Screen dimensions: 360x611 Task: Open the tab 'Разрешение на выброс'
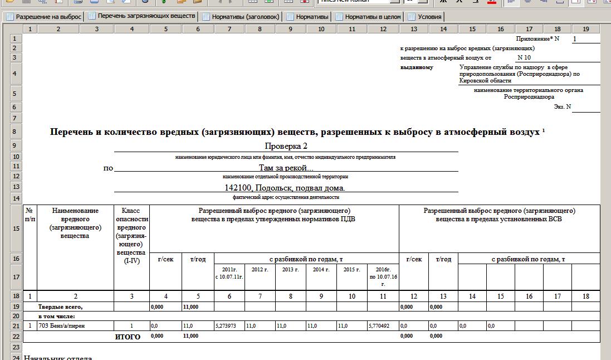point(48,17)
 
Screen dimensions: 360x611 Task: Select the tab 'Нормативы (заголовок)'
point(245,17)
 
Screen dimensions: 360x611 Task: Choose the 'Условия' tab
point(429,17)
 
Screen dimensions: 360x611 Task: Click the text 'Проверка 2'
point(286,146)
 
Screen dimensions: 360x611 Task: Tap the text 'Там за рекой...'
point(286,167)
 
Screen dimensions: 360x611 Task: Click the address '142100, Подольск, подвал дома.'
point(285,188)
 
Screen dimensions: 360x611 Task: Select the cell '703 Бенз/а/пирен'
point(62,325)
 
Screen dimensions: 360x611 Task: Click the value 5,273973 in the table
point(229,325)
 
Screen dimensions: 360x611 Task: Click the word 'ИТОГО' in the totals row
point(128,337)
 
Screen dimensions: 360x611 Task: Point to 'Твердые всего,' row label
point(60,307)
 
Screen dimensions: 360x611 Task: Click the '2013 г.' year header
point(290,269)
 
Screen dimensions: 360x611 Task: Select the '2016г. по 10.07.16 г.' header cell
point(383,276)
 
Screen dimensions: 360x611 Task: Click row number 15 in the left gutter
point(16,229)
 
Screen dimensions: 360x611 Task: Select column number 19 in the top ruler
point(585,29)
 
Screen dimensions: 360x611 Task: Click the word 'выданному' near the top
point(417,67)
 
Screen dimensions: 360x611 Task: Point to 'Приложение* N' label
point(537,38)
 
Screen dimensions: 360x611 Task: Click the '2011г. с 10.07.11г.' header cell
point(229,273)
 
